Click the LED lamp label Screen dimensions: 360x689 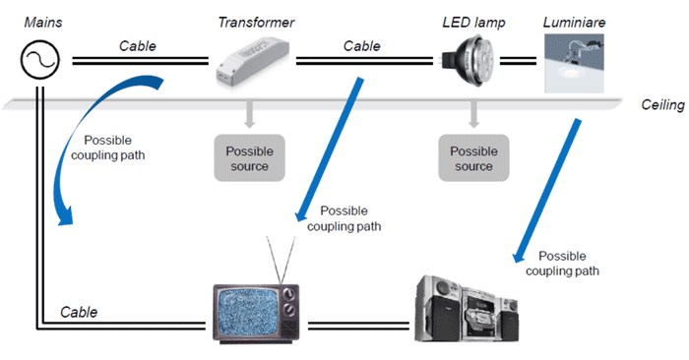(472, 22)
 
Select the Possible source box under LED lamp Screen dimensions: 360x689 (472, 158)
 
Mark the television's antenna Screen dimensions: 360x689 (278, 258)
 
